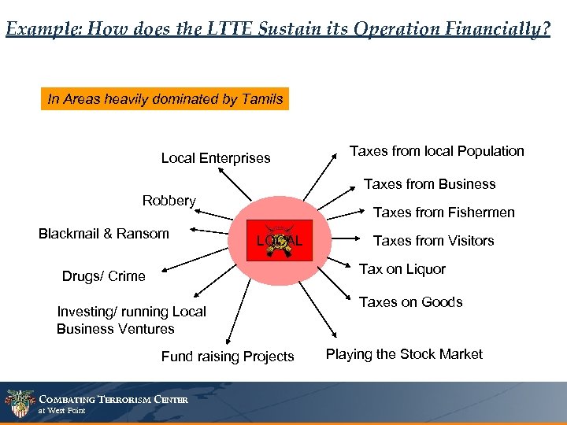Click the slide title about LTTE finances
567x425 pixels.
click(277, 29)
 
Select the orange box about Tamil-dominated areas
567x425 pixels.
click(165, 99)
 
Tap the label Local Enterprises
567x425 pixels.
click(215, 158)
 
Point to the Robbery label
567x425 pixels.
click(169, 201)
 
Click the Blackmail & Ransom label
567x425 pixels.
click(103, 233)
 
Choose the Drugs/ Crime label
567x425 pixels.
click(103, 275)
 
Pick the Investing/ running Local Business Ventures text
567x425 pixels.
click(131, 320)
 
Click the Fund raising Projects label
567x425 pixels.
click(227, 357)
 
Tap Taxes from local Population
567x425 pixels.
click(436, 151)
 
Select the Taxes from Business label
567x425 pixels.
click(429, 184)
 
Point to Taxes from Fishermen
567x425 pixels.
click(443, 213)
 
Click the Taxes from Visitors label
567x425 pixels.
click(433, 241)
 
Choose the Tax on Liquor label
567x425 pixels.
click(402, 269)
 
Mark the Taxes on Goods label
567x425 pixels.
click(410, 302)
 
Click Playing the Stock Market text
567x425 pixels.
click(404, 354)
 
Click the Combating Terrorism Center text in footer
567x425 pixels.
click(113, 400)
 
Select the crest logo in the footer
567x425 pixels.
click(19, 404)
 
